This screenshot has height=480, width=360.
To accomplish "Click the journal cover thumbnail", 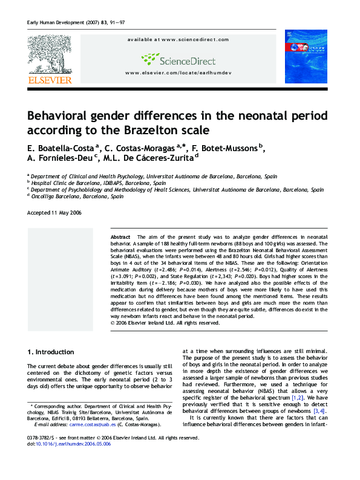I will pyautogui.click(x=306, y=59).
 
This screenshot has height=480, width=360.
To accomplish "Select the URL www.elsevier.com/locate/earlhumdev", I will pyautogui.click(x=178, y=73).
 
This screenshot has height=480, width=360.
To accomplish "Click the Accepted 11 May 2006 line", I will pyautogui.click(x=54, y=213).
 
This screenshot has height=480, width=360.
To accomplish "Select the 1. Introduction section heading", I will pyautogui.click(x=51, y=352).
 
